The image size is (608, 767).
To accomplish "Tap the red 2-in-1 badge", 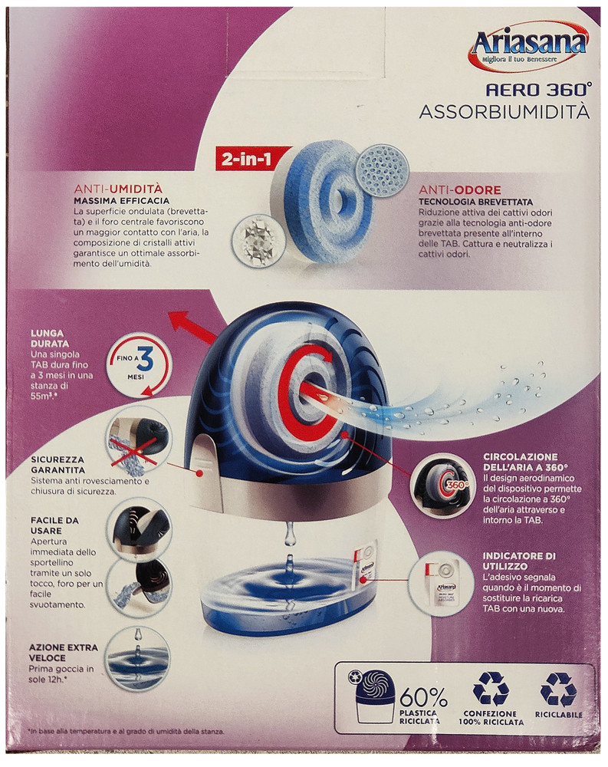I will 242,159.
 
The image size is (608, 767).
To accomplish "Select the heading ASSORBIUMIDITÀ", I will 504,112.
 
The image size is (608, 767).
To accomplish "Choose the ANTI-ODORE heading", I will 460,189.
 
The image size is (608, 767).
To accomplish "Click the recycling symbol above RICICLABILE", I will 558,689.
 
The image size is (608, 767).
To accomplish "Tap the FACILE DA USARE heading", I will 55,525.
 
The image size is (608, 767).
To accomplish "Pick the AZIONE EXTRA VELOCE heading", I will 64,652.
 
